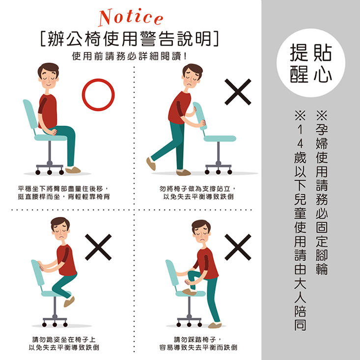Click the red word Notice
tap(131, 18)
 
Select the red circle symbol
tap(98, 95)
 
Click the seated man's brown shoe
tap(73, 170)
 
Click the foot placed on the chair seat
tap(189, 291)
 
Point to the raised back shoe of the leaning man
tap(151, 164)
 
